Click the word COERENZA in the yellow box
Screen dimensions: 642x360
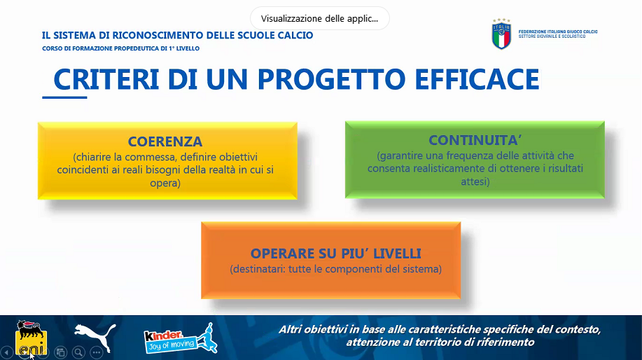(x=165, y=141)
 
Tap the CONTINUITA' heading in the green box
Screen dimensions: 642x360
(x=475, y=140)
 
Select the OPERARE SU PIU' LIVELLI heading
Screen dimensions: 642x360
(x=336, y=254)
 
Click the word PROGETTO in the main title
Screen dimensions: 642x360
(x=331, y=79)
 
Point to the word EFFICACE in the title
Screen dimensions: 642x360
(x=477, y=79)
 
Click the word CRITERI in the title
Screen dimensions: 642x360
(x=106, y=79)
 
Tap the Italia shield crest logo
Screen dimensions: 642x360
(x=501, y=34)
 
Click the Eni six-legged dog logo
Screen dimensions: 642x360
(x=31, y=337)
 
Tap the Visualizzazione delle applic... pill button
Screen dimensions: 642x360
(x=320, y=18)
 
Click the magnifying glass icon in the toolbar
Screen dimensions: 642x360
(x=78, y=352)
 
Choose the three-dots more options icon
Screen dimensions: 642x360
(x=96, y=352)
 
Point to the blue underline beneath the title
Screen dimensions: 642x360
(x=64, y=97)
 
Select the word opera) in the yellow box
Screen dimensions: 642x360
(x=165, y=183)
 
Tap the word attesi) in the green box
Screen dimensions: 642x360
(x=475, y=181)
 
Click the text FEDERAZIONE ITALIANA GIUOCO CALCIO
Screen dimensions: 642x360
(x=558, y=32)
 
